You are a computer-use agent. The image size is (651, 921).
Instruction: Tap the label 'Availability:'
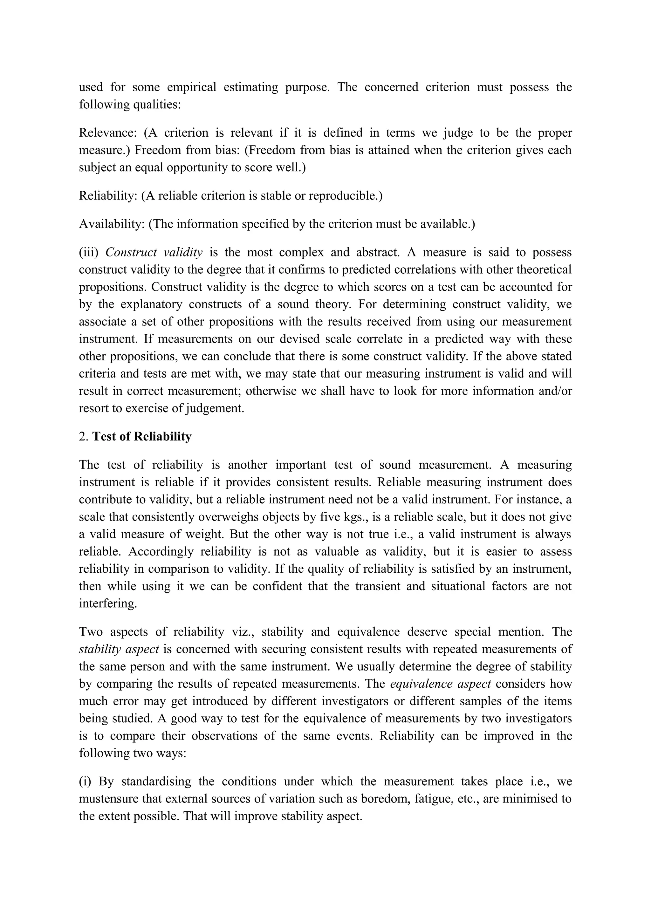(x=112, y=224)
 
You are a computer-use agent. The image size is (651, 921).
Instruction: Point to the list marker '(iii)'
(x=88, y=252)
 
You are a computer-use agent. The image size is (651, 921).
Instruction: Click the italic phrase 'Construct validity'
(x=154, y=252)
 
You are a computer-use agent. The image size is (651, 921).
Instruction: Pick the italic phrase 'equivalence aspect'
(x=441, y=684)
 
